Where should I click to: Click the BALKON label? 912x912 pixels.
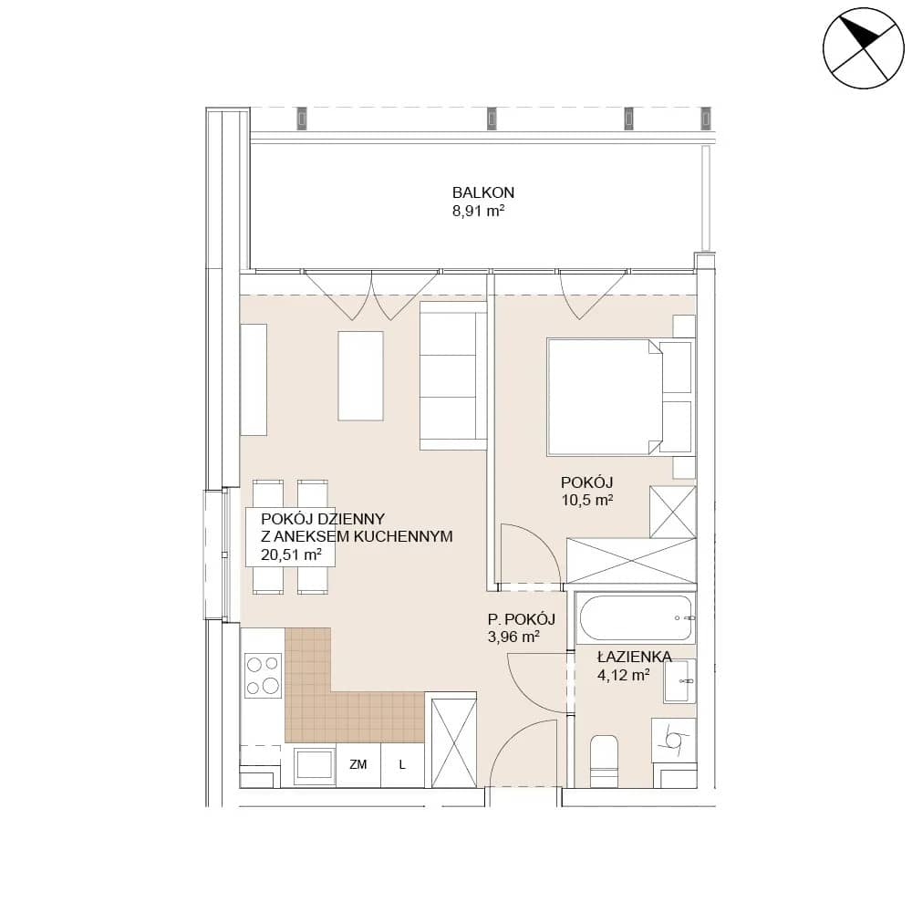(482, 192)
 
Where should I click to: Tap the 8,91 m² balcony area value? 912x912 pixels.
(478, 211)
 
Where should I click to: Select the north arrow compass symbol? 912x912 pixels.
(864, 48)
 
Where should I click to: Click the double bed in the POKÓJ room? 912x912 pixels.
(620, 397)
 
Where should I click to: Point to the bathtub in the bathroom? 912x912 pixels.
(635, 617)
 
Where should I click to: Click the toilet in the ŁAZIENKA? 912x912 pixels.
(604, 761)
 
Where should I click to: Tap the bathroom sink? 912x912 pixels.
(679, 681)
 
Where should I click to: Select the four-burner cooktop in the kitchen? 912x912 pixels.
(263, 675)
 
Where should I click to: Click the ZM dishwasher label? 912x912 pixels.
(358, 765)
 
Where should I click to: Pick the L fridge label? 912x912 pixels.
(402, 765)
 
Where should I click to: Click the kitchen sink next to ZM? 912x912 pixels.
(314, 766)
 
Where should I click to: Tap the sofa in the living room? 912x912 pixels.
(453, 381)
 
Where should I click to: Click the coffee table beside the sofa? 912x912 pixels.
(360, 376)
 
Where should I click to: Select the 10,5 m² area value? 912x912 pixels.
(586, 500)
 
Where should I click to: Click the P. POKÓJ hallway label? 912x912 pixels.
(521, 619)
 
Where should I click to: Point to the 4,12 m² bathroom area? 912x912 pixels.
(624, 675)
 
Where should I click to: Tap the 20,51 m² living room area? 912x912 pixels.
(291, 554)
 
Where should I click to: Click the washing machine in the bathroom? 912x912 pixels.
(674, 740)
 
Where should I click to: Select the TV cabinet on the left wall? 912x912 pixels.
(254, 379)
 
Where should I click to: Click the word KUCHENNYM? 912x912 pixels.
(402, 537)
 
